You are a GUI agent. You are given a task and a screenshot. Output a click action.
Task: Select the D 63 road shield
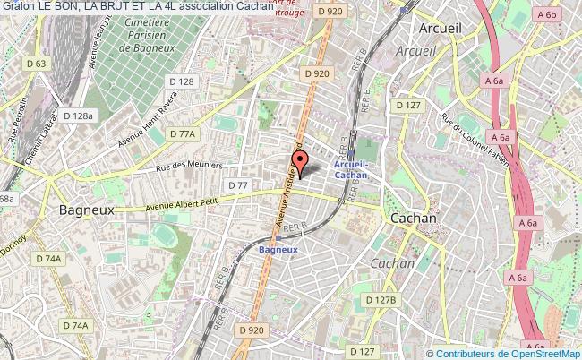(x=36, y=64)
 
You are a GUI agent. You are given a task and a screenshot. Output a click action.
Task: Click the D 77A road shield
(x=182, y=133)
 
